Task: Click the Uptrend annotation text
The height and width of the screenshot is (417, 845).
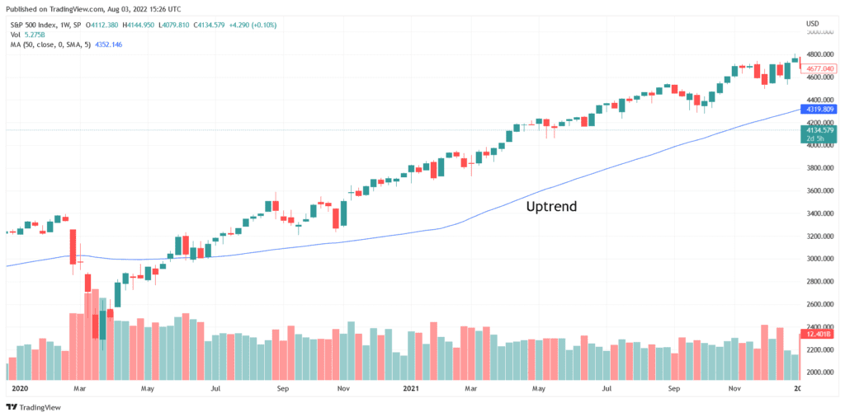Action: (551, 207)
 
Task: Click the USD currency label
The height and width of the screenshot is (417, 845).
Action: (812, 23)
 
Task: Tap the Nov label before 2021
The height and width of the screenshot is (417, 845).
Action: (344, 387)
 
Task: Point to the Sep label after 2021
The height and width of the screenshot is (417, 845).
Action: (674, 387)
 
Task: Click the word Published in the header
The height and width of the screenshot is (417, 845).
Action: (22, 8)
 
